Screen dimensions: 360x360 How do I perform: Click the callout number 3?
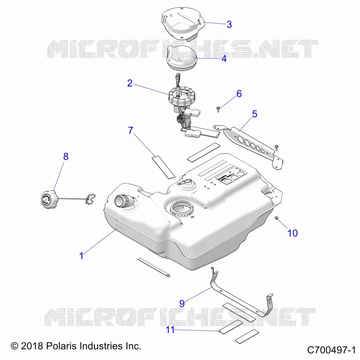(229, 24)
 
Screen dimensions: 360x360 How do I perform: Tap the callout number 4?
(224, 59)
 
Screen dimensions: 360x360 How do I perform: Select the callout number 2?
(130, 83)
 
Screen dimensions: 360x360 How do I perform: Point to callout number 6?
(239, 94)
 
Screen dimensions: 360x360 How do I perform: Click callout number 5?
(255, 114)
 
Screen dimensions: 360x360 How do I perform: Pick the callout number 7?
(130, 130)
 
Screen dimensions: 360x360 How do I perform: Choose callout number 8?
(66, 157)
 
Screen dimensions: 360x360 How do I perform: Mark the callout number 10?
(292, 233)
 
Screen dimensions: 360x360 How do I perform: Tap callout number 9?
(182, 303)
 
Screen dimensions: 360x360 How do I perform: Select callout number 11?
(170, 330)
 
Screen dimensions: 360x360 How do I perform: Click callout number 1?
(81, 256)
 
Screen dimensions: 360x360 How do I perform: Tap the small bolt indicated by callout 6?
(218, 109)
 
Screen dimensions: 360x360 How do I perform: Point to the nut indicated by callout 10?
(276, 218)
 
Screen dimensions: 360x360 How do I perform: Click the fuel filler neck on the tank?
(124, 201)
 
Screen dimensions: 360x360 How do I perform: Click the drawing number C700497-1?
(331, 350)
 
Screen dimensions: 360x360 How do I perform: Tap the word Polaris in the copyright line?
(61, 346)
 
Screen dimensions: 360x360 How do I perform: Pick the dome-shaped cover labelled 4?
(181, 58)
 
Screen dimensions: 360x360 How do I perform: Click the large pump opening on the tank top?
(182, 208)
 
